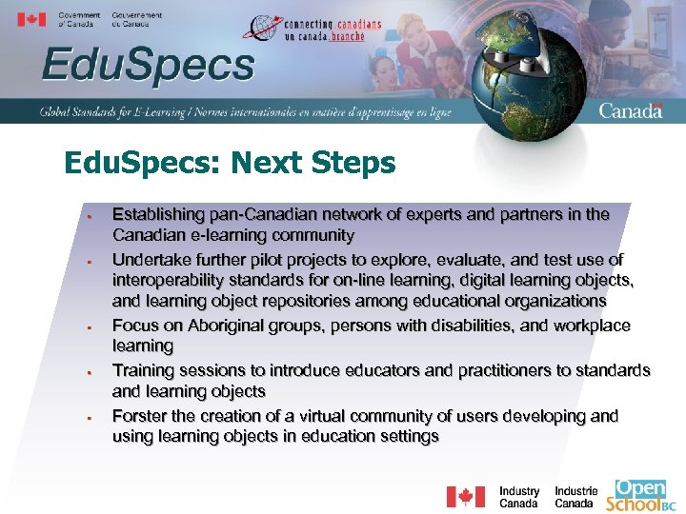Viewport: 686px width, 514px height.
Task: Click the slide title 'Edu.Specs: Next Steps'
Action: pos(230,163)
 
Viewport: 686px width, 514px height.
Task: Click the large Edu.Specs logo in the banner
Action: pos(148,67)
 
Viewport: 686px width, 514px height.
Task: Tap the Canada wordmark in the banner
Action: pos(630,110)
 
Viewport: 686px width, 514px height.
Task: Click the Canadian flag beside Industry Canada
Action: pos(465,497)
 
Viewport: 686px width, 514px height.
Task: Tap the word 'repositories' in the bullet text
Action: pos(313,301)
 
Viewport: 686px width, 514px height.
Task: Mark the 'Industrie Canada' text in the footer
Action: pos(575,497)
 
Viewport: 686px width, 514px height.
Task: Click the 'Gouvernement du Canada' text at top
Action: pos(136,19)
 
